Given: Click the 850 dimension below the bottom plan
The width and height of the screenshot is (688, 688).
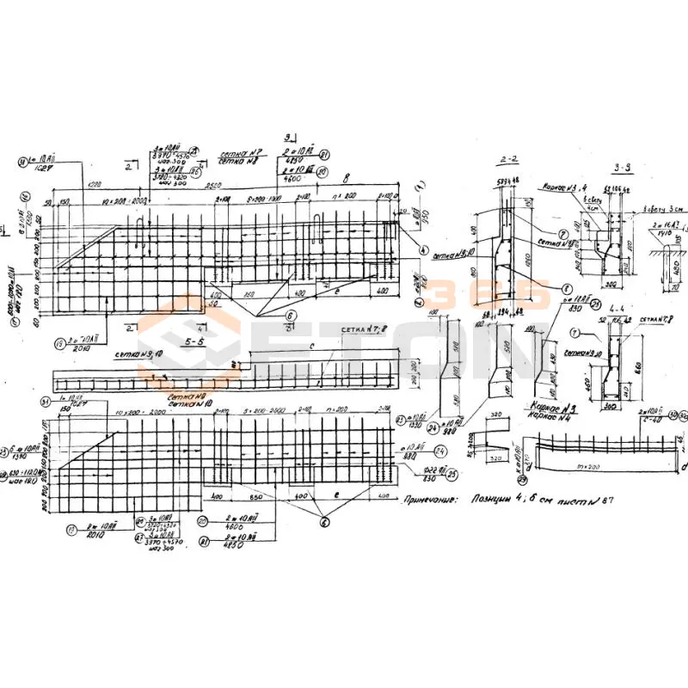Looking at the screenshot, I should [255, 498].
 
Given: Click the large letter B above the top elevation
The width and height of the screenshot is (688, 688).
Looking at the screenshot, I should [345, 181].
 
